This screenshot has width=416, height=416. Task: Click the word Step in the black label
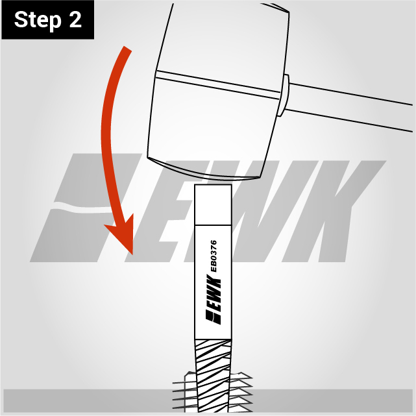pyautogui.click(x=38, y=20)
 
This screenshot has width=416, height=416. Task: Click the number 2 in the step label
pyautogui.click(x=75, y=19)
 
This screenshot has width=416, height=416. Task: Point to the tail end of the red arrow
pyautogui.click(x=127, y=49)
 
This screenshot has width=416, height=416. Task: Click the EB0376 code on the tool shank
pyautogui.click(x=214, y=256)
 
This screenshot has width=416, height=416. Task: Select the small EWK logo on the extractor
pyautogui.click(x=214, y=300)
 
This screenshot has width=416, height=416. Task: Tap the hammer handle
pyautogui.click(x=350, y=106)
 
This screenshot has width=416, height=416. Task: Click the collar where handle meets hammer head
pyautogui.click(x=284, y=95)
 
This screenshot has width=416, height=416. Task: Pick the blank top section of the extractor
pyautogui.click(x=213, y=205)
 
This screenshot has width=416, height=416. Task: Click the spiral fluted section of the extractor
pyautogui.click(x=213, y=375)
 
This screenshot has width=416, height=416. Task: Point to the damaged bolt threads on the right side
pyautogui.click(x=241, y=393)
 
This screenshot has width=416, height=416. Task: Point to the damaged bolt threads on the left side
pyautogui.click(x=184, y=393)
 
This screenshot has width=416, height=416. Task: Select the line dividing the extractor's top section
pyautogui.click(x=213, y=225)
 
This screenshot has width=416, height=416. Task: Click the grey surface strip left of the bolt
pyautogui.click(x=88, y=400)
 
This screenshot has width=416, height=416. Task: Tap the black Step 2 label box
pyautogui.click(x=48, y=20)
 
